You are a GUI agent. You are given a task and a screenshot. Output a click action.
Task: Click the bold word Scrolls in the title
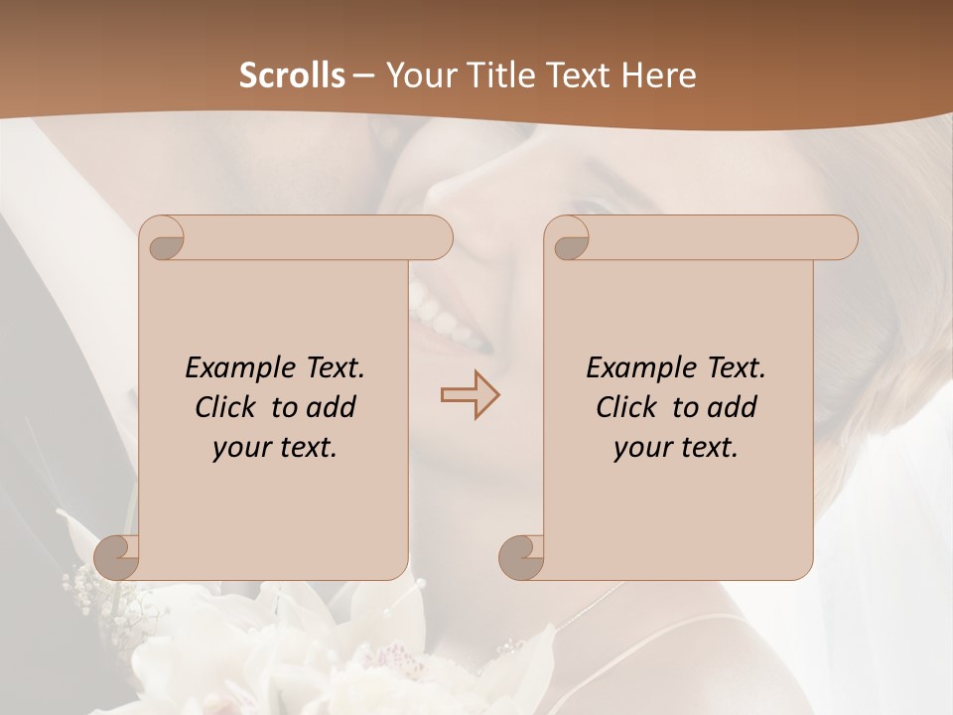coord(292,74)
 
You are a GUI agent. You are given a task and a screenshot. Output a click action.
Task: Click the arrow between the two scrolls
coord(470,395)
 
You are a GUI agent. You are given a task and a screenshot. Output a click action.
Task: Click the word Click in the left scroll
coord(225,407)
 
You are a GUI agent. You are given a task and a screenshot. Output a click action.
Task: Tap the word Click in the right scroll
coord(626,407)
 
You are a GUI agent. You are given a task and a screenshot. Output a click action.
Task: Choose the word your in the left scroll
coord(240,448)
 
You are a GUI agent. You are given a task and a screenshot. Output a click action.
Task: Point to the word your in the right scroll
coord(641,448)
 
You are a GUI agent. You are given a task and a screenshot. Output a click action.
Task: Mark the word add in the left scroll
coord(333,407)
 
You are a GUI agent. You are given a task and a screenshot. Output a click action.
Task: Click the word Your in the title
coord(418,74)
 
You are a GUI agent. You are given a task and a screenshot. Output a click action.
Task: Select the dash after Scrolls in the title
coord(363,75)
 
